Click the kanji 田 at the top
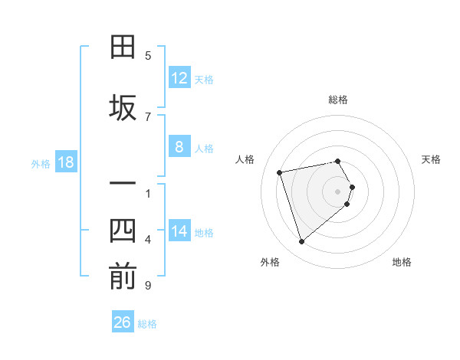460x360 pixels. [123, 47]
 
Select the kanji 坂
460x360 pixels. [123, 107]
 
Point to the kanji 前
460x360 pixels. [123, 276]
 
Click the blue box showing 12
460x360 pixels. [179, 77]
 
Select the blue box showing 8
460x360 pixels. [179, 146]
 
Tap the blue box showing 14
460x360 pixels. [179, 231]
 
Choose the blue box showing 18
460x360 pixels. [65, 162]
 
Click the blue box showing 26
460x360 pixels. [123, 322]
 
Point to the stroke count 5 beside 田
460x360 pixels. [148, 56]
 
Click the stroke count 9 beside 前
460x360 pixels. [148, 286]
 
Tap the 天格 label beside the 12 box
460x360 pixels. [204, 79]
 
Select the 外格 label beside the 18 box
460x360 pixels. [40, 163]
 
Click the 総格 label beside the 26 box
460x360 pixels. [147, 324]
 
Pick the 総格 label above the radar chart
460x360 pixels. [338, 100]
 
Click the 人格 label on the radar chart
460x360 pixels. [245, 159]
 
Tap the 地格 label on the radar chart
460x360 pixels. [402, 262]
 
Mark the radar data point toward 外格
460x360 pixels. [302, 242]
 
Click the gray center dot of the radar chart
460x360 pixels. [338, 191]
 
